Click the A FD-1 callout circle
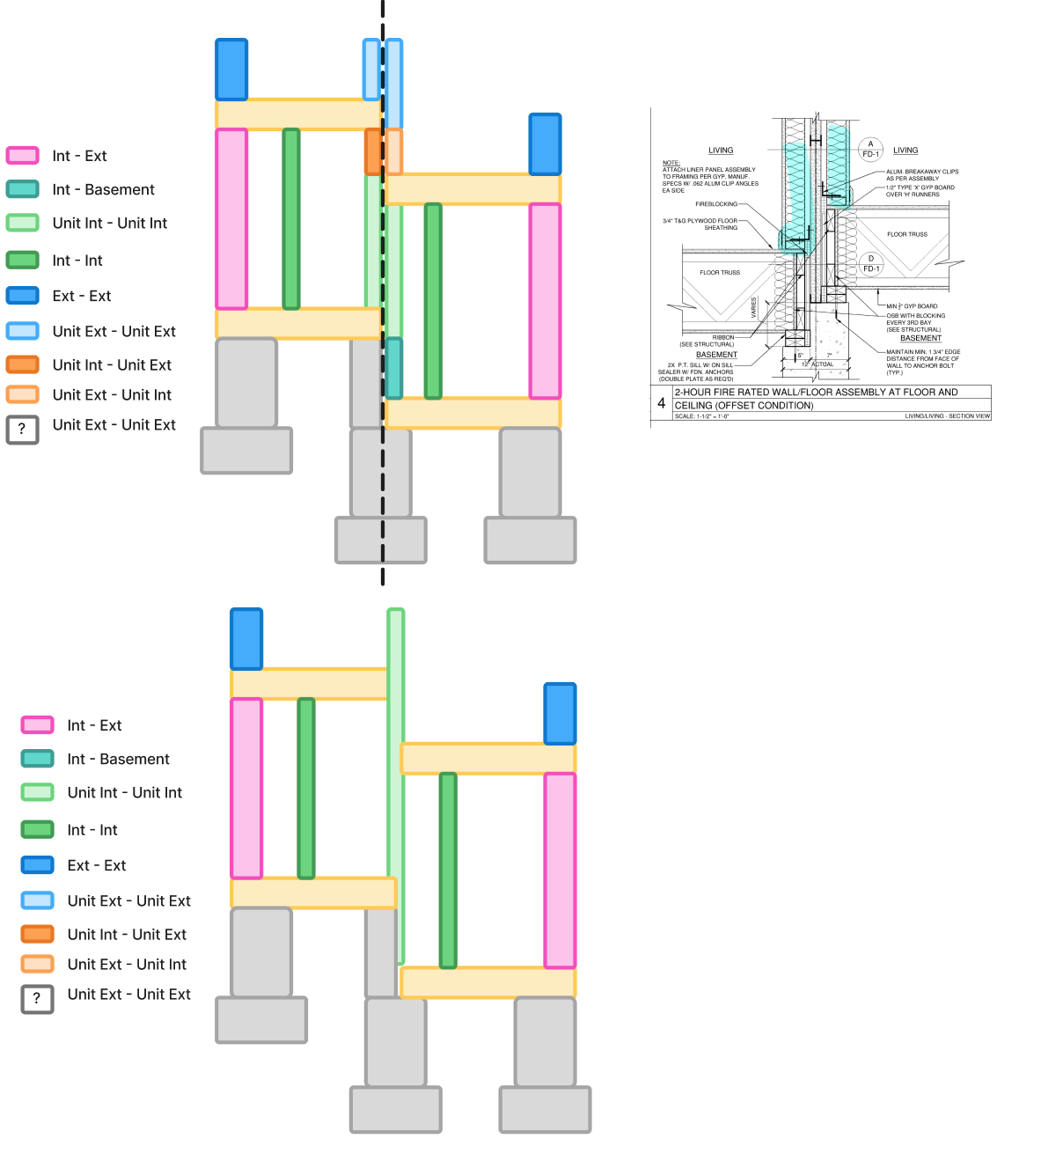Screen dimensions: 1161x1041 [x=870, y=149]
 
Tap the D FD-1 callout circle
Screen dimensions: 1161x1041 [x=870, y=263]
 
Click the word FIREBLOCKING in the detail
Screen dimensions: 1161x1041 [x=716, y=204]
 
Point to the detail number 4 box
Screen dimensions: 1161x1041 [x=661, y=403]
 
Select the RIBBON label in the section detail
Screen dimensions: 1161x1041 [x=723, y=337]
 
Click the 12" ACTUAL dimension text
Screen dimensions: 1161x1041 [x=817, y=364]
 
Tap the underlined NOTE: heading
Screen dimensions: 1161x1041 [x=671, y=163]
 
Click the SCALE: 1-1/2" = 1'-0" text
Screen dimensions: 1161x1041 [x=702, y=416]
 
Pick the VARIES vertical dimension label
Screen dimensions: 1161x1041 [x=754, y=307]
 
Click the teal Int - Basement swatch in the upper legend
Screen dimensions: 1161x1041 [x=22, y=189]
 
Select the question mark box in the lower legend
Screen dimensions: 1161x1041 [x=37, y=998]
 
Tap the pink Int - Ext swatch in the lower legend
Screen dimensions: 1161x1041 [x=37, y=725]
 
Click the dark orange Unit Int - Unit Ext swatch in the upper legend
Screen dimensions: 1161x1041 [x=22, y=364]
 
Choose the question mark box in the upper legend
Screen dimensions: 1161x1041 [x=22, y=430]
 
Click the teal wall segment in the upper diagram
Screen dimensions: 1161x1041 [x=393, y=368]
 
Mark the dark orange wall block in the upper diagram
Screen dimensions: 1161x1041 [x=373, y=151]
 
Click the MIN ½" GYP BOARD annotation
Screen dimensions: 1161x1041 [x=912, y=306]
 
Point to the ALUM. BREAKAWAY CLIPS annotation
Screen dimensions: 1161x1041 [x=922, y=172]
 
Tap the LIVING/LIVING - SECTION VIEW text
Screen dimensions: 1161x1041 [x=947, y=416]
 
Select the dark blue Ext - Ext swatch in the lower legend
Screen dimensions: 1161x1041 [x=37, y=865]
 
